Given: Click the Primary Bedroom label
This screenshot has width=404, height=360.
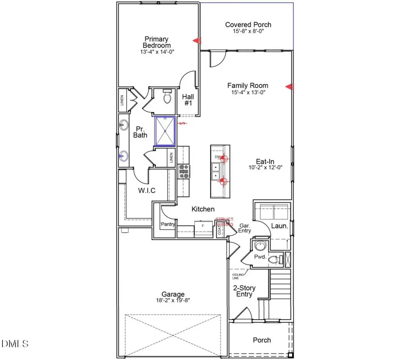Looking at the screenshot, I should click(x=157, y=42).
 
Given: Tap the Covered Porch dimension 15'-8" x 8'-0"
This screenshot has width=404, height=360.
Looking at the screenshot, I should click(x=248, y=32).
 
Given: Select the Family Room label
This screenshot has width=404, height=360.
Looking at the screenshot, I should click(x=248, y=85).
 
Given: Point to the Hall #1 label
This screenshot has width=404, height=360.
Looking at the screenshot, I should click(x=187, y=99).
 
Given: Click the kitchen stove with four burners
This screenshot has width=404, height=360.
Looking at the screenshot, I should click(x=184, y=170).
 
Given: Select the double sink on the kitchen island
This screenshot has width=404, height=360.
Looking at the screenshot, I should click(x=216, y=171).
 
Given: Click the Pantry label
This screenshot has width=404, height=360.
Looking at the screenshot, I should click(x=167, y=224).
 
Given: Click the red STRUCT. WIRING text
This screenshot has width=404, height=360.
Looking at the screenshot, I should click(x=224, y=222).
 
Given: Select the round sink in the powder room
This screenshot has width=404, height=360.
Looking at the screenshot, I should click(x=259, y=246).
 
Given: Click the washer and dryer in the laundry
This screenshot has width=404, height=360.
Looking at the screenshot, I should click(x=271, y=210).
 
